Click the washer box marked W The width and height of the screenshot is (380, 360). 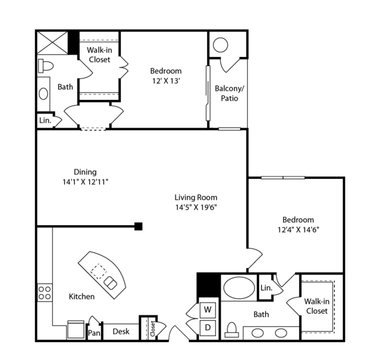[x=208, y=310]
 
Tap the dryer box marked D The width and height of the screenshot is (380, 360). [x=208, y=328]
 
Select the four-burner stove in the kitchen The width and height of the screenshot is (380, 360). [x=45, y=293]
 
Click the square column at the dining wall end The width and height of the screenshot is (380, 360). [x=139, y=226]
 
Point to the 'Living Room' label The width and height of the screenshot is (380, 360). [x=196, y=198]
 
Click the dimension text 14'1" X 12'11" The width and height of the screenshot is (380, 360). [x=85, y=182]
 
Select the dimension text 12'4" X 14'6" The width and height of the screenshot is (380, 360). [x=298, y=229]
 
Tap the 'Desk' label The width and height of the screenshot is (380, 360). [x=121, y=331]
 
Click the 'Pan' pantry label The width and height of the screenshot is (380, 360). [x=94, y=333]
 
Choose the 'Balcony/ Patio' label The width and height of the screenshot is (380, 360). [x=230, y=93]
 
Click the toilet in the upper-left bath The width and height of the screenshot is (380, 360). [x=46, y=65]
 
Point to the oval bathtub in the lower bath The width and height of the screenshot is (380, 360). [x=239, y=288]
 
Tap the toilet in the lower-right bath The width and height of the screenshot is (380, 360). [x=232, y=330]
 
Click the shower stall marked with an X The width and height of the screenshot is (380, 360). [x=52, y=43]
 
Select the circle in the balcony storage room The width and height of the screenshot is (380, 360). [x=220, y=45]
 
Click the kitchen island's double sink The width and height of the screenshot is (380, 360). [x=110, y=283]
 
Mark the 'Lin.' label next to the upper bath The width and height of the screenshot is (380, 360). [x=45, y=121]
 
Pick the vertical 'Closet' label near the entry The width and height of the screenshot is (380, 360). [x=153, y=329]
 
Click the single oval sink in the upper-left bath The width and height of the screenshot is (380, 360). [x=43, y=94]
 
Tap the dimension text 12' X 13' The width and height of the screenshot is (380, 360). [x=166, y=81]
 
